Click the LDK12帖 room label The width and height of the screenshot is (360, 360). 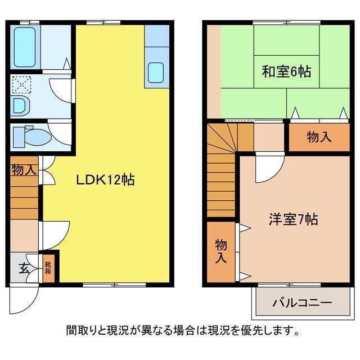105,180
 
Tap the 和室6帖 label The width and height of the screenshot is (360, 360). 286,71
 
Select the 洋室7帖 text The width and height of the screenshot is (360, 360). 294,219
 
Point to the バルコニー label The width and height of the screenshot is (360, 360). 302,303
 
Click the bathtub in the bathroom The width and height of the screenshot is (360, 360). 25,47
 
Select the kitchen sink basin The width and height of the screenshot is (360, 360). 156,73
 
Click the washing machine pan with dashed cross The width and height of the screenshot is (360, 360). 21,85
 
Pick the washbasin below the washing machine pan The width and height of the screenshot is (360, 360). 21,107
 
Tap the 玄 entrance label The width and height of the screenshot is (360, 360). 24,268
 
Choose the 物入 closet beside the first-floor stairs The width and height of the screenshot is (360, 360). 24,170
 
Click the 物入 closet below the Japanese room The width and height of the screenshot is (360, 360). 319,137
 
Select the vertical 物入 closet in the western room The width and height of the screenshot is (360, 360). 221,252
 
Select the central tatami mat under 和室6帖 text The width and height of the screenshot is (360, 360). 286,71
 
